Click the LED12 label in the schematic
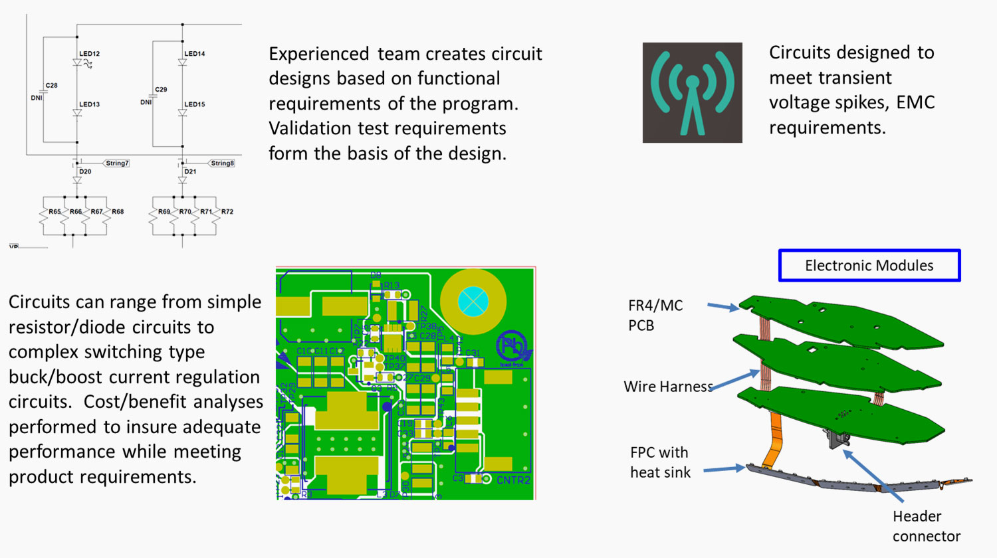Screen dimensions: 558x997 [90, 54]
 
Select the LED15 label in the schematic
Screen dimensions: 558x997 [195, 104]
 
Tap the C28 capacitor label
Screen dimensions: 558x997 [51, 85]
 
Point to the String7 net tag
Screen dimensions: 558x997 [117, 163]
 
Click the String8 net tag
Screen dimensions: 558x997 [222, 163]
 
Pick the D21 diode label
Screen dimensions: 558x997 [190, 171]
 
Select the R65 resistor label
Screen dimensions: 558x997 [55, 212]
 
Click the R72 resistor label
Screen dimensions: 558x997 [227, 212]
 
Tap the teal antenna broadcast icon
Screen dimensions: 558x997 [692, 92]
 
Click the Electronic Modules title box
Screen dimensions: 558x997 [869, 266]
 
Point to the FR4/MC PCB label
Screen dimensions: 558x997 [655, 315]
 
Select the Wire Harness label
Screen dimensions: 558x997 [668, 387]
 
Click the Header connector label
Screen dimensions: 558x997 [926, 526]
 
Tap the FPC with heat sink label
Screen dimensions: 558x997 [660, 462]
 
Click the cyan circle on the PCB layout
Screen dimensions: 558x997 [473, 302]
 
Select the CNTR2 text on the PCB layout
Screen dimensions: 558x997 [513, 480]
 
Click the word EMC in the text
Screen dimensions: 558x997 [915, 102]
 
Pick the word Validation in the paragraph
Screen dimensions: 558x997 [307, 128]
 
